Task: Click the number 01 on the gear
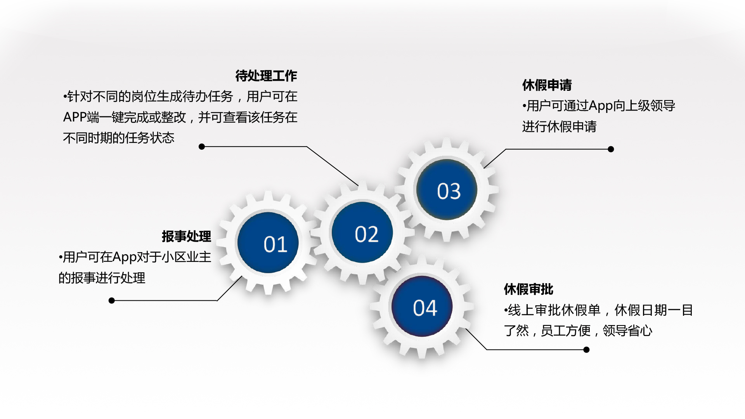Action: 275,244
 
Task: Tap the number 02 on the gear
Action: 367,234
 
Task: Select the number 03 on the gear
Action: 449,191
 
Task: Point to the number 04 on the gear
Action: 425,308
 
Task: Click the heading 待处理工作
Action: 266,76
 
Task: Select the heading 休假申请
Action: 547,85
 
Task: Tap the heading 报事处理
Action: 186,236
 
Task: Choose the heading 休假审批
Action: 528,289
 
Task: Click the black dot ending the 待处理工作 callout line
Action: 202,147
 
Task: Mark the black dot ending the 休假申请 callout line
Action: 611,149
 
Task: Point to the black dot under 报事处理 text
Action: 112,301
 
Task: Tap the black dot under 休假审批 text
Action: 587,350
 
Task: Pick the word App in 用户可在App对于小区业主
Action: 124,257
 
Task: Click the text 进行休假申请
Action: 559,126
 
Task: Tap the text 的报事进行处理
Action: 102,278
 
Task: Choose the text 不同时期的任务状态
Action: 119,138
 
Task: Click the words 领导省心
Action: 627,331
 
